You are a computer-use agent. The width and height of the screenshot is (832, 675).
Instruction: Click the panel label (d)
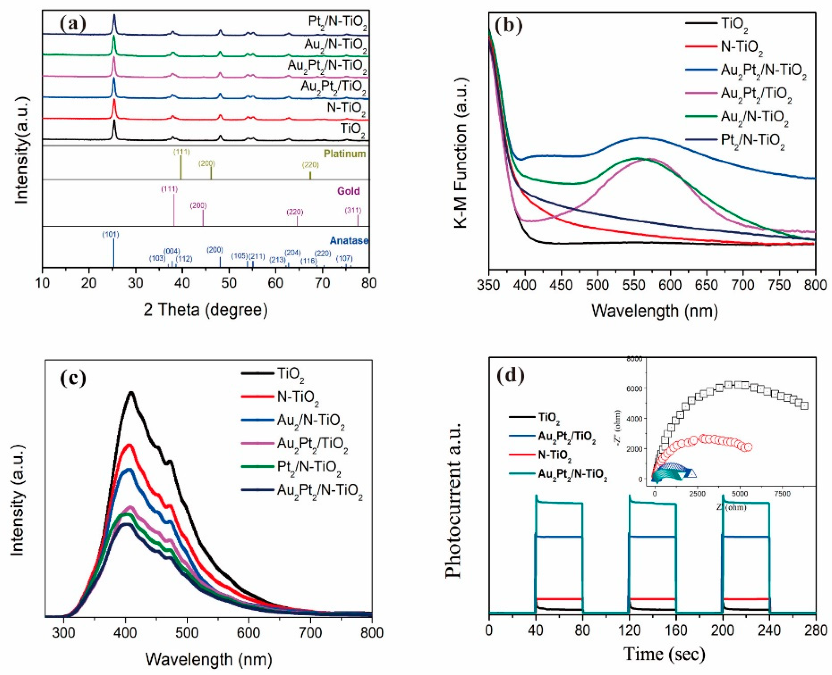point(511,375)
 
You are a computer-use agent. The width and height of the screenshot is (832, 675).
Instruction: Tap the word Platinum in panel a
point(345,154)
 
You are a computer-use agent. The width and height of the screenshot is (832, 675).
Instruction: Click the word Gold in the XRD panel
point(349,191)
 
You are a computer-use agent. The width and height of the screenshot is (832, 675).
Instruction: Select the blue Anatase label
point(349,241)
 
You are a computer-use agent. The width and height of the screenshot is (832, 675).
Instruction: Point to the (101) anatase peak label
point(111,235)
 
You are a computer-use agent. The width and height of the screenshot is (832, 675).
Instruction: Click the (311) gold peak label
point(353,210)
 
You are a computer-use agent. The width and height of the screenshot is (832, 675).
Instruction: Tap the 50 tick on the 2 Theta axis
point(229,283)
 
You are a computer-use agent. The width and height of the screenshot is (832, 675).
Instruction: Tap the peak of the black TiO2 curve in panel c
point(131,393)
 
